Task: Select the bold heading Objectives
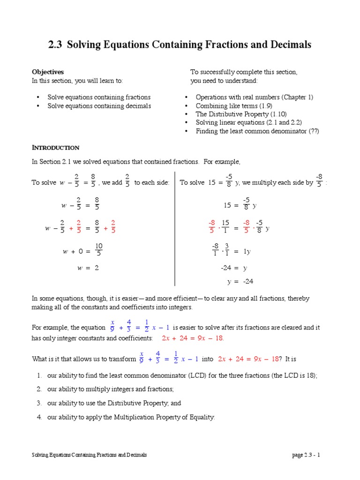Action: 47,72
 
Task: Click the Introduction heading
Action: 55,148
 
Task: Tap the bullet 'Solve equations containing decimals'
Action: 99,106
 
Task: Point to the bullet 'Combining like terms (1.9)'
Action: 233,106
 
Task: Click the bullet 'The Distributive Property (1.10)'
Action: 241,114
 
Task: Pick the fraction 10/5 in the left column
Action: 99,250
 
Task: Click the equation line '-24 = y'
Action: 233,268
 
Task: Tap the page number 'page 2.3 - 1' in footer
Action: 307,455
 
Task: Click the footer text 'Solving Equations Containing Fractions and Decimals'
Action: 89,455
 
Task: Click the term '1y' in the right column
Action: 247,252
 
